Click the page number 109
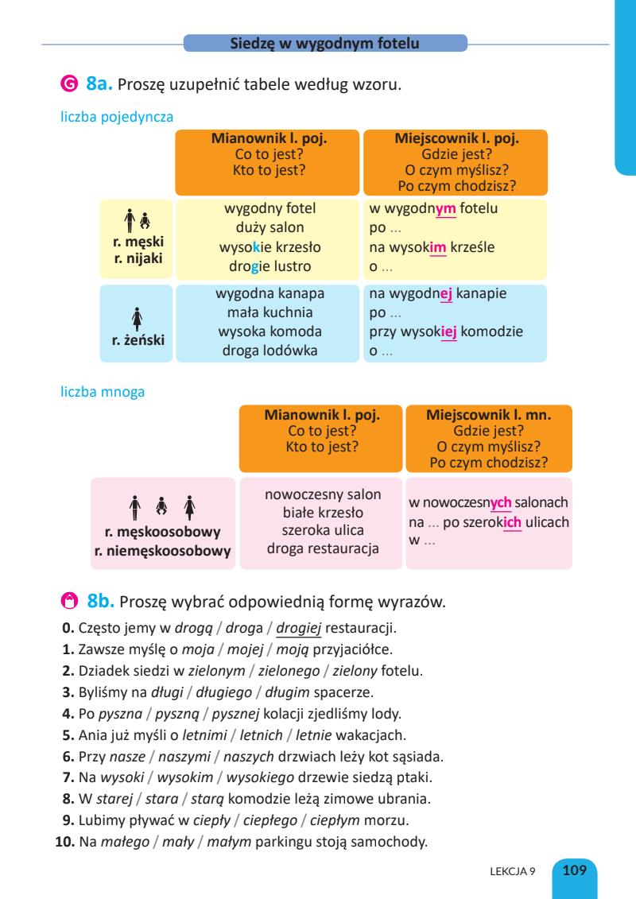tap(575, 870)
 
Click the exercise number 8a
tap(103, 83)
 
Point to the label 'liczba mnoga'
tap(103, 392)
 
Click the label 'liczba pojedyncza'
tap(118, 116)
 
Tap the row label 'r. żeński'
tap(138, 340)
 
